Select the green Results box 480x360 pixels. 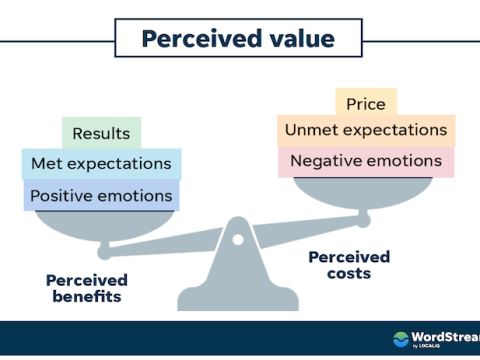tap(101, 133)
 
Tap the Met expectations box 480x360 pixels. tap(101, 164)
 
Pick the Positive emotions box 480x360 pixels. tap(101, 195)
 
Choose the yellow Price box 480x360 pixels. tap(365, 103)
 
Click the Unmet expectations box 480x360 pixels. tap(365, 130)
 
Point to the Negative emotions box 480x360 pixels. tap(365, 161)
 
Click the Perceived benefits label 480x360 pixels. tap(86, 289)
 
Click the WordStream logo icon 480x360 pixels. tap(401, 338)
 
